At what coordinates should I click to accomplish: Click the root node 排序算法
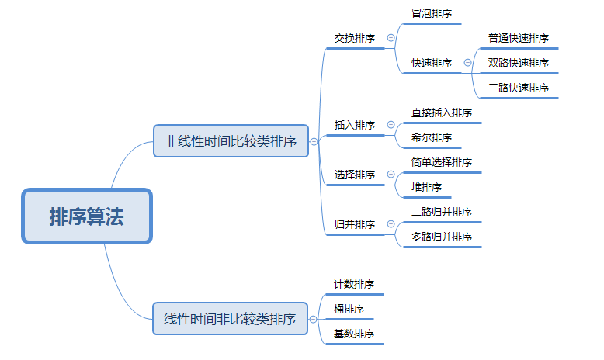point(87,216)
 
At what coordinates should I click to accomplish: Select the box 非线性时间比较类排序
point(231,141)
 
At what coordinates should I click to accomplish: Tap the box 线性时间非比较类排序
point(230,318)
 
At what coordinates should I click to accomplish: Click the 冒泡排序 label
point(432,13)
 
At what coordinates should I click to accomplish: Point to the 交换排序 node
point(355,38)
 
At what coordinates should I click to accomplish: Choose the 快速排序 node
point(432,63)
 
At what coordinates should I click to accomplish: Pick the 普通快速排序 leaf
point(519,38)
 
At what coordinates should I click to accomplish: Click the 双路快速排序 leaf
point(519,63)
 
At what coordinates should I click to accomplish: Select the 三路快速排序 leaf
point(519,88)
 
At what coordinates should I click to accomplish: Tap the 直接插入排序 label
point(442,112)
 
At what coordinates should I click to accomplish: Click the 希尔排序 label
point(432,137)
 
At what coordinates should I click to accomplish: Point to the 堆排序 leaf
point(426,187)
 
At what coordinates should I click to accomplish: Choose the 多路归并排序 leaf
point(442,237)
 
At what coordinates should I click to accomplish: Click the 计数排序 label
point(354,284)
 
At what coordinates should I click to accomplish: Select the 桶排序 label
point(349,309)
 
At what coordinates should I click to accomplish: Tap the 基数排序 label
point(354,334)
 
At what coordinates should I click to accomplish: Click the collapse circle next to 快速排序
point(467,62)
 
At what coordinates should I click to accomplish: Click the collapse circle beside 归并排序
point(391,223)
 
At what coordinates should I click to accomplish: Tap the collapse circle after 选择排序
point(391,174)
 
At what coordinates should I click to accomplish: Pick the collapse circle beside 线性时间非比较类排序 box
point(313,319)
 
